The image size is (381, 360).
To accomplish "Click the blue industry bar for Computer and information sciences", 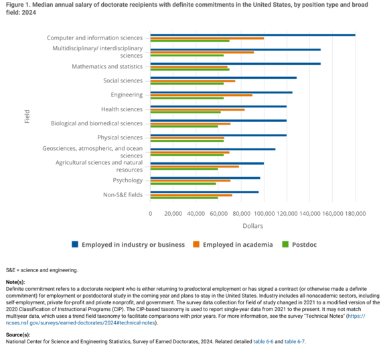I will (252, 35).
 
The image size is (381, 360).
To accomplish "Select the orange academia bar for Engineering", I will (202, 95).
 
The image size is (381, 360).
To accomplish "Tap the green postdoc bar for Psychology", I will (183, 184).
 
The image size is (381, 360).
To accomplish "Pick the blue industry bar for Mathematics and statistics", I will (236, 64).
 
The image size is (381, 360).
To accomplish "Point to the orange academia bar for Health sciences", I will (198, 109).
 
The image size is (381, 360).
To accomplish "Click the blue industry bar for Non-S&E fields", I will (204, 192).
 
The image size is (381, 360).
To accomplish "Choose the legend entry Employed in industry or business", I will (128, 245).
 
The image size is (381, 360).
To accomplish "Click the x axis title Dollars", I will (252, 227).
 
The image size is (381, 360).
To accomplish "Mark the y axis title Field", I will (27, 115).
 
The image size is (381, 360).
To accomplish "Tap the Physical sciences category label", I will (120, 137).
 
